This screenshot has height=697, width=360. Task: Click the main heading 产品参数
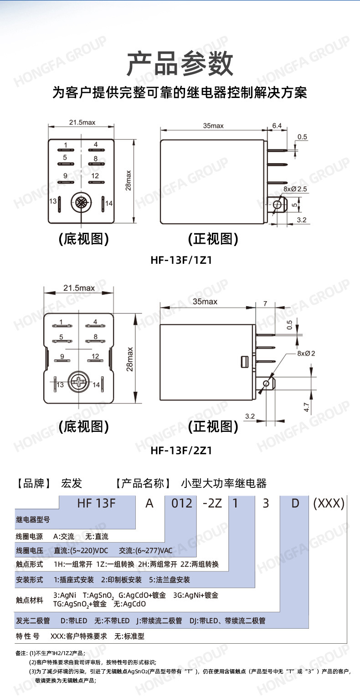click(x=180, y=64)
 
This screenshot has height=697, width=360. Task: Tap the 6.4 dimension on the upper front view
click(x=277, y=125)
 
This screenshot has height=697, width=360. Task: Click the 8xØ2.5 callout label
click(x=296, y=188)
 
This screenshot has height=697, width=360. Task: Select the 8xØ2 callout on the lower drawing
click(x=307, y=353)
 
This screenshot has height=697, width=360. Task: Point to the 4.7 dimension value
click(x=307, y=407)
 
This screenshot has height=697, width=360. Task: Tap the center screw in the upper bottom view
click(x=81, y=202)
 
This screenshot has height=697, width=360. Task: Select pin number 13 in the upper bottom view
click(x=53, y=201)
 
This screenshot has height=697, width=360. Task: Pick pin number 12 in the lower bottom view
click(x=96, y=356)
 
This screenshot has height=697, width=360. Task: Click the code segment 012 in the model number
click(x=180, y=503)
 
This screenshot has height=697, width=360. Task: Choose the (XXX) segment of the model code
click(x=329, y=503)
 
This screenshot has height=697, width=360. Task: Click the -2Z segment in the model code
click(x=211, y=503)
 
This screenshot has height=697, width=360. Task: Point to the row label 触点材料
click(x=30, y=600)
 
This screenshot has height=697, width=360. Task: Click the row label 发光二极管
click(x=33, y=620)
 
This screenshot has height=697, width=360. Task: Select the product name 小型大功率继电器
click(x=224, y=483)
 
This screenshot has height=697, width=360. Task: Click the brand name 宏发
click(x=72, y=483)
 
